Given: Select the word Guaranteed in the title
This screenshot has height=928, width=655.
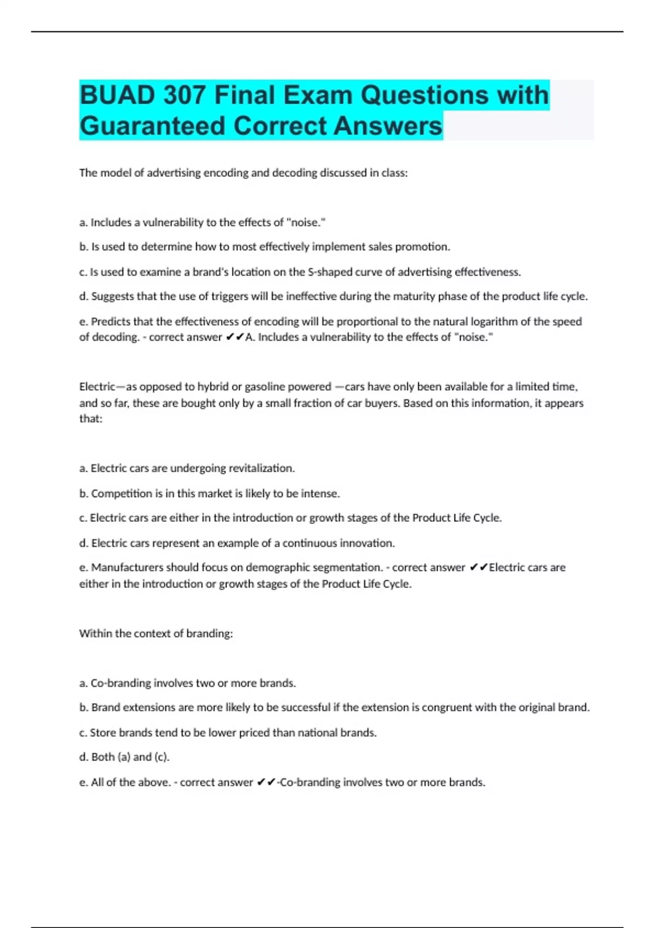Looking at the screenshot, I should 152,126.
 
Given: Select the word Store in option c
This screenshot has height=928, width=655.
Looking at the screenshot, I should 103,733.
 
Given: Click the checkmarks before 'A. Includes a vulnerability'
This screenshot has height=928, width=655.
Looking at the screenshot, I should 234,337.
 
